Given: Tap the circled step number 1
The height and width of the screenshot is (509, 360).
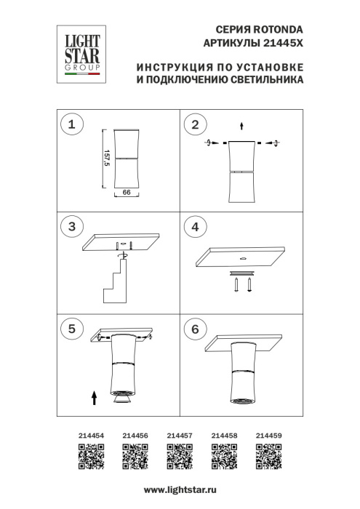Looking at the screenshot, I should [71, 126].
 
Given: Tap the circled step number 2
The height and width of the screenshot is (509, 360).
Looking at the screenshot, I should [194, 126].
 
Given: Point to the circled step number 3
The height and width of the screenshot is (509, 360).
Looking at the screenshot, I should [71, 227].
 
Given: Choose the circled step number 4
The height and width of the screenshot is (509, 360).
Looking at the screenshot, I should [194, 227].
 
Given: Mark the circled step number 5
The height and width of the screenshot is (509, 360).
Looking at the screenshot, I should [71, 329].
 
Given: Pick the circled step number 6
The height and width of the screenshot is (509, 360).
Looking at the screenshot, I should [194, 329].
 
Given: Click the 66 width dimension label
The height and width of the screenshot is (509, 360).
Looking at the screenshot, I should [126, 193].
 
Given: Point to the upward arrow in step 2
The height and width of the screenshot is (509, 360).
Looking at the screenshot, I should [241, 124].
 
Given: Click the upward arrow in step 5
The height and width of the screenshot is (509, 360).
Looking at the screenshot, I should [95, 396].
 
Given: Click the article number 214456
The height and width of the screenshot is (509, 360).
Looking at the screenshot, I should [135, 435].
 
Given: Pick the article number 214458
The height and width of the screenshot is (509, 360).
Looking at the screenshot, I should [224, 435].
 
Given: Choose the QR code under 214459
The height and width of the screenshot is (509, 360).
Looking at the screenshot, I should [269, 458].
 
